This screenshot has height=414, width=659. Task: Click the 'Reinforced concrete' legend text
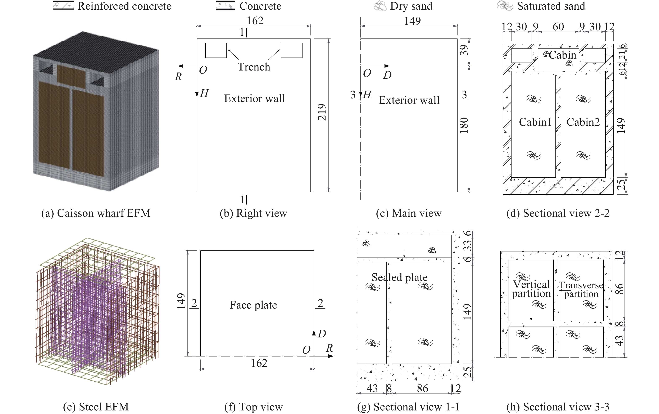(x=124, y=6)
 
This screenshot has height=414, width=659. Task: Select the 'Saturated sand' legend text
(x=551, y=6)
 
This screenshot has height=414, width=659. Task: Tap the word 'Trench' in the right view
(x=254, y=67)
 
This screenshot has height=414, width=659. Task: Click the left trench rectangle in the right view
(x=216, y=50)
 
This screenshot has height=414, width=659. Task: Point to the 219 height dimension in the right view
(x=322, y=112)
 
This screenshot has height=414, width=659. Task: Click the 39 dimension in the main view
(x=464, y=50)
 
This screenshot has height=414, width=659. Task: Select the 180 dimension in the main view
(x=464, y=125)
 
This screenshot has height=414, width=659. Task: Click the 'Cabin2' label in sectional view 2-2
(x=583, y=122)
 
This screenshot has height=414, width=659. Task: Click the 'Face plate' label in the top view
(x=253, y=305)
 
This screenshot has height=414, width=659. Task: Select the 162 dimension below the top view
(x=259, y=363)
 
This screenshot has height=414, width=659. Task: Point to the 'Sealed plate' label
(x=399, y=277)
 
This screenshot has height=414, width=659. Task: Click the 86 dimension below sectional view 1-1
(x=422, y=388)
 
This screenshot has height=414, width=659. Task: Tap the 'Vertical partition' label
(x=531, y=289)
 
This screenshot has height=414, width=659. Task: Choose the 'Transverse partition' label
(x=581, y=290)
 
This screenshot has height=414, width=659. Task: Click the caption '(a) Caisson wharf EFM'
(x=96, y=213)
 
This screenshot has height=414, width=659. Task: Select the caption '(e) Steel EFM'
(x=96, y=407)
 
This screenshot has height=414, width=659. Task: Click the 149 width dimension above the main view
(x=412, y=21)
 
